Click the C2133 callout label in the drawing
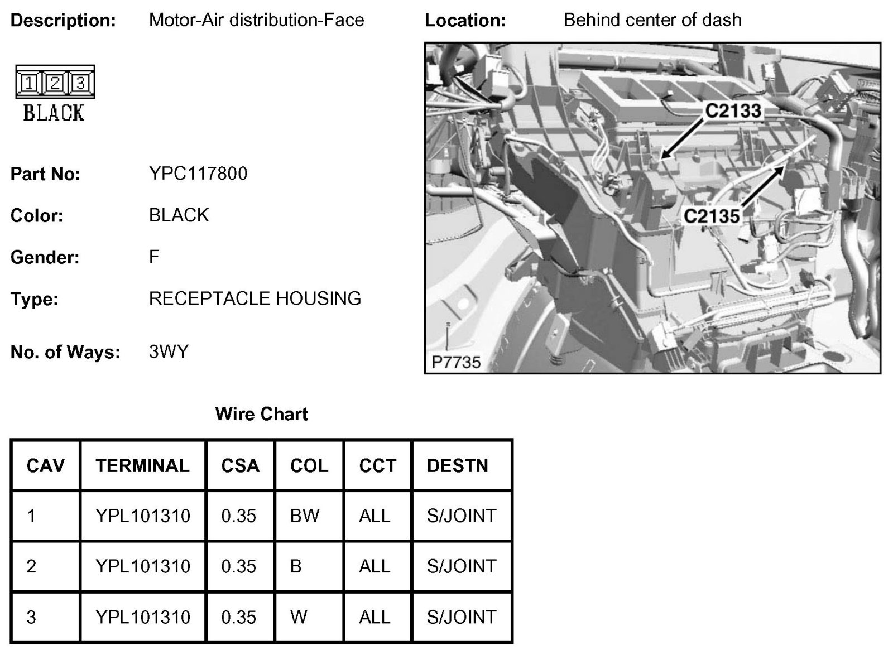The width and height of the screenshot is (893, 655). click(x=733, y=110)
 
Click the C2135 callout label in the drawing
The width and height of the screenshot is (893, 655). click(x=712, y=216)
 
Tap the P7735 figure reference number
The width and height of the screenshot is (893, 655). click(x=456, y=363)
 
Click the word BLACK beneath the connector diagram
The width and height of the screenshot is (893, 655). click(x=54, y=113)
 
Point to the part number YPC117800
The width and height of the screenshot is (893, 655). click(x=198, y=174)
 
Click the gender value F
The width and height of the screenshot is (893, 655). click(x=154, y=257)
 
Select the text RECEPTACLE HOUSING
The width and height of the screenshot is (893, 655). click(x=255, y=298)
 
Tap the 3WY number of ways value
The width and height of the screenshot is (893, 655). click(x=169, y=351)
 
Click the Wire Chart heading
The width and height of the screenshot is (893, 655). click(x=261, y=414)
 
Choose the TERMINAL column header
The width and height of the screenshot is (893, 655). click(x=142, y=466)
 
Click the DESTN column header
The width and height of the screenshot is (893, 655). click(x=457, y=466)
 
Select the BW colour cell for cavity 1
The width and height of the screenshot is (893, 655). click(x=305, y=516)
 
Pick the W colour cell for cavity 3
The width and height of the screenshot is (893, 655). click(x=299, y=617)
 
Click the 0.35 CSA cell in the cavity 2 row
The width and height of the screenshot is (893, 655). click(x=238, y=566)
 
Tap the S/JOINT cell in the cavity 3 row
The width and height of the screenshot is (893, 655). click(x=462, y=617)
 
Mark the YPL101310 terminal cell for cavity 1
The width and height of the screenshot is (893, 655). click(x=143, y=516)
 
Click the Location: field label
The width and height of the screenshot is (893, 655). click(x=465, y=21)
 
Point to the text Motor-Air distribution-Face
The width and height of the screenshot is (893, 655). click(x=256, y=20)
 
